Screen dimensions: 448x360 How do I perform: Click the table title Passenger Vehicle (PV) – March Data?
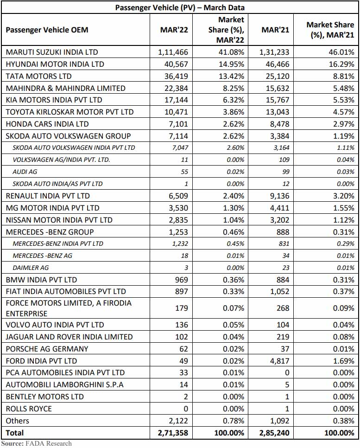[x=180, y=7]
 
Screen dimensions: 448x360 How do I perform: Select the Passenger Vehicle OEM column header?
[x=47, y=30]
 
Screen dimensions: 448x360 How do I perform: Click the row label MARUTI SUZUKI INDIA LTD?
[x=52, y=52]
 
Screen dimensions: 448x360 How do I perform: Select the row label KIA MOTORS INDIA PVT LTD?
[x=54, y=100]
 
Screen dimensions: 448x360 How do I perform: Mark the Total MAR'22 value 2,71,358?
[x=173, y=433]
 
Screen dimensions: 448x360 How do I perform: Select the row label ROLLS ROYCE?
[x=29, y=409]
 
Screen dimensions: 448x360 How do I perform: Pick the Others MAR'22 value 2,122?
[x=178, y=421]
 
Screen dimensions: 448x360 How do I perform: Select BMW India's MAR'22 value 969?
[x=181, y=280]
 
